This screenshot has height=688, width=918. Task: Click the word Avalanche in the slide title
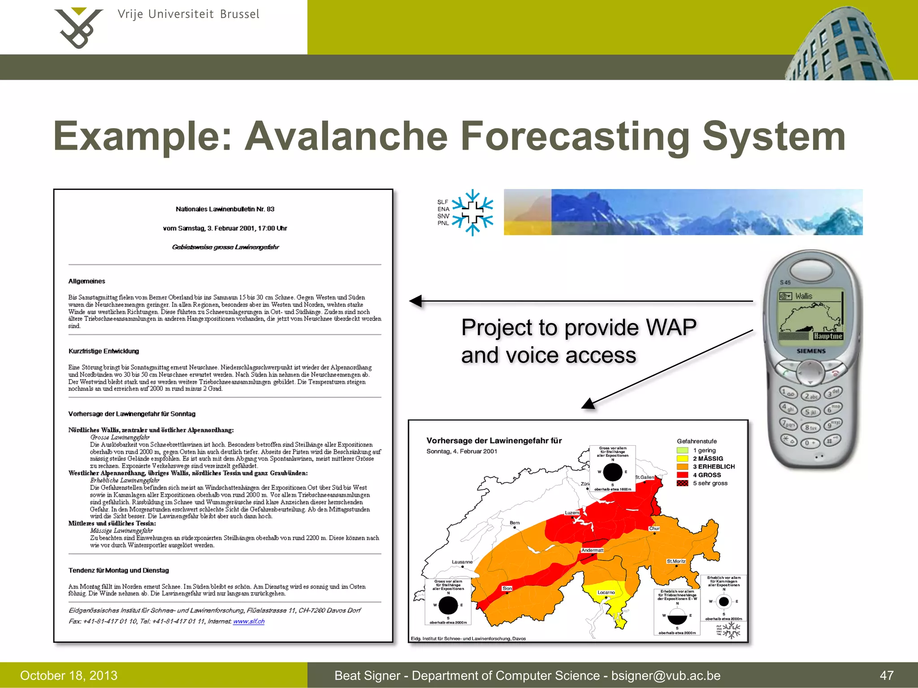[346, 136]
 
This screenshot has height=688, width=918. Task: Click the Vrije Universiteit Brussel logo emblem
[78, 28]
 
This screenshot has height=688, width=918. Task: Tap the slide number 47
[887, 675]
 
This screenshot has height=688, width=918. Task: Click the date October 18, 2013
[69, 675]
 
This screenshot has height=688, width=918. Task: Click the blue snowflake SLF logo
[472, 212]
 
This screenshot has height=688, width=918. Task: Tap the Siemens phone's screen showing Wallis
[811, 316]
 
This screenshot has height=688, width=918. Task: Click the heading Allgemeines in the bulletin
[87, 281]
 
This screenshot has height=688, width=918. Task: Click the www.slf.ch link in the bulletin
[249, 621]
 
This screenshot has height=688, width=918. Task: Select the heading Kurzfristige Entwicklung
[104, 351]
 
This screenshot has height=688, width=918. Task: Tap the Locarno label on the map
[606, 592]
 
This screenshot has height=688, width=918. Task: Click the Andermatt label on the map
[592, 550]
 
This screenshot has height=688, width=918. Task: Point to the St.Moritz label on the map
[676, 561]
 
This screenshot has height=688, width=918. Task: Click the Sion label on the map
[507, 588]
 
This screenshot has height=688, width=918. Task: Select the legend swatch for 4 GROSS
[682, 475]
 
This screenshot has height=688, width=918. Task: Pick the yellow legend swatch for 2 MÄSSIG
[682, 458]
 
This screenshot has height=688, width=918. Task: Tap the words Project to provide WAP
[579, 327]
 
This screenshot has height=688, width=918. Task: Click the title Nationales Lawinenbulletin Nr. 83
[225, 209]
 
